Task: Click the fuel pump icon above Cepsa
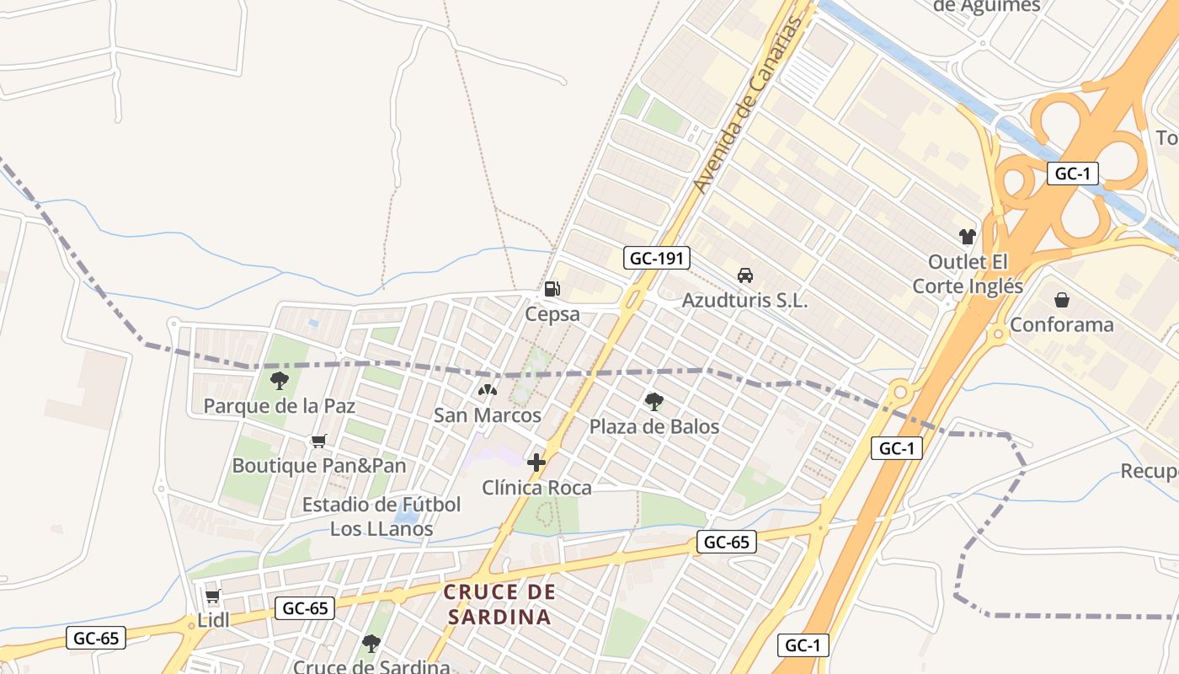552,289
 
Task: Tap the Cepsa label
552,314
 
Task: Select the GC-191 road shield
657,258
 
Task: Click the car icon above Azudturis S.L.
744,275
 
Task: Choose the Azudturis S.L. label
744,300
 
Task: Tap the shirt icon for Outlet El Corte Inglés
967,237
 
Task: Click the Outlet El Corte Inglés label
968,274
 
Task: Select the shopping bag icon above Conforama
1061,300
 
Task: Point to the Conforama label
1061,324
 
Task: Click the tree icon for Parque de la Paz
280,381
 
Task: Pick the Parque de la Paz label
280,406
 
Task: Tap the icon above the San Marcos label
487,390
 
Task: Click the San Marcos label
487,415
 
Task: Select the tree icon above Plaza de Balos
654,401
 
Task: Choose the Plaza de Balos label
654,426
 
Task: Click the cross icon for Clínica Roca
536,463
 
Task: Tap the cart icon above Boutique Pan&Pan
318,441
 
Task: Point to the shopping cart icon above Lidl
212,596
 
